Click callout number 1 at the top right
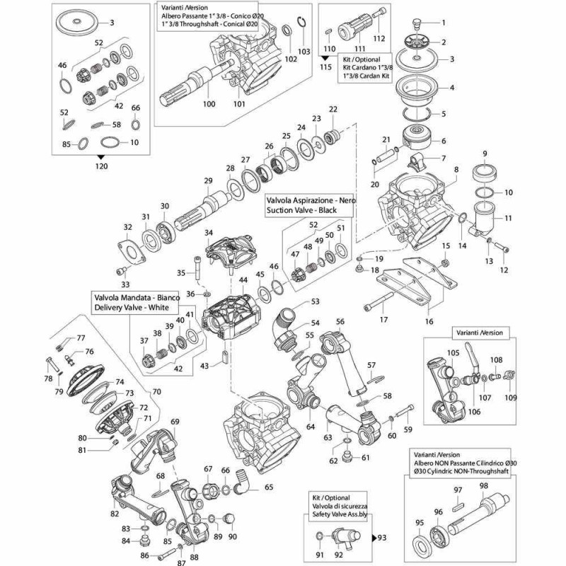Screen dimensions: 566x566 (x=444, y=23)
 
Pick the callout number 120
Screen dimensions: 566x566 (x=101, y=166)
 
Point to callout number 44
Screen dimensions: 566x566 (x=243, y=281)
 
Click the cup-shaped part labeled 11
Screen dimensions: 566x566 (x=485, y=220)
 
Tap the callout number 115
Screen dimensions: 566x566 (x=325, y=67)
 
